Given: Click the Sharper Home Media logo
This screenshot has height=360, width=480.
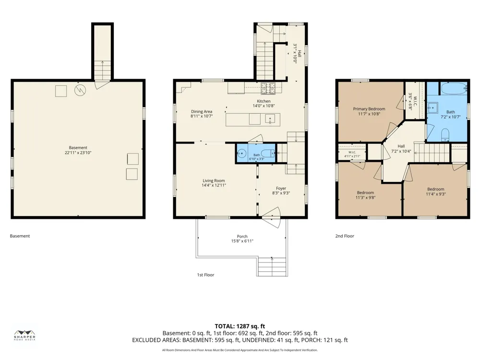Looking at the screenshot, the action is [x=25, y=336].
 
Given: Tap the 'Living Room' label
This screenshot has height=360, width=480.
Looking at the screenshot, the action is [x=214, y=180].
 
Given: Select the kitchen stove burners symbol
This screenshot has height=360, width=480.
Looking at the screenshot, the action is [x=268, y=88].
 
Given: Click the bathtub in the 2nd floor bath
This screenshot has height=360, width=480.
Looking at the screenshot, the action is [x=454, y=88].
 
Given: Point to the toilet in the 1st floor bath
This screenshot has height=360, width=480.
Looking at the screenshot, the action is [x=268, y=153].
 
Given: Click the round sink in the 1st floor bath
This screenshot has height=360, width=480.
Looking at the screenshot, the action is [x=242, y=153].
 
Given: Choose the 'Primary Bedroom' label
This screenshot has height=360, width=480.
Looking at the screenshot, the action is [x=369, y=109].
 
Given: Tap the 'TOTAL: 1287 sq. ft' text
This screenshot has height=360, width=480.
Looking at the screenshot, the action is [x=240, y=326].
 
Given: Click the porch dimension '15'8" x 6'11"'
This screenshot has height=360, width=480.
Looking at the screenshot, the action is [x=242, y=241].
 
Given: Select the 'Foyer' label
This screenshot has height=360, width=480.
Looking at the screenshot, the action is [x=281, y=189].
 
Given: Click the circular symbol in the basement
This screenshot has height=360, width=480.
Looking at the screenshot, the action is [x=80, y=90].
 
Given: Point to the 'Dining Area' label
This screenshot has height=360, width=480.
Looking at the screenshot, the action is [x=202, y=112].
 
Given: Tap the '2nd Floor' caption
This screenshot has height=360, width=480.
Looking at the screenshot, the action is [x=345, y=236].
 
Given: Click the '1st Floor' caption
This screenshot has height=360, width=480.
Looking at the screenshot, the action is [x=206, y=275].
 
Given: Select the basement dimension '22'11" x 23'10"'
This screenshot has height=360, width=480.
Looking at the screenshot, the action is [x=78, y=153].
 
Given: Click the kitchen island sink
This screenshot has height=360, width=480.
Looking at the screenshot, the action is [x=270, y=119].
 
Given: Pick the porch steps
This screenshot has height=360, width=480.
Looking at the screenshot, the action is [x=272, y=266].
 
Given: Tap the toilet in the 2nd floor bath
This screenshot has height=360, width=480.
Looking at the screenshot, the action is [x=445, y=135].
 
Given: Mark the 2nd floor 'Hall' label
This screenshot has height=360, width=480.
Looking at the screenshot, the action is [x=401, y=146].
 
